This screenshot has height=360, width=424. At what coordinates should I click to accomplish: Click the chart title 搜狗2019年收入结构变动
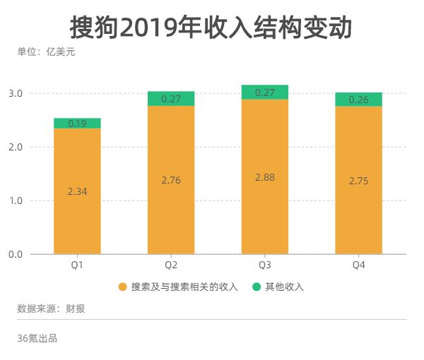click(x=211, y=28)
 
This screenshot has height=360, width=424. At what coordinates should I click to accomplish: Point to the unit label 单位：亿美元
click(x=46, y=52)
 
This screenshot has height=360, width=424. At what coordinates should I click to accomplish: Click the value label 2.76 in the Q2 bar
click(x=171, y=181)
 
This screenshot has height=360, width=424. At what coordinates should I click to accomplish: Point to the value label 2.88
click(x=264, y=176)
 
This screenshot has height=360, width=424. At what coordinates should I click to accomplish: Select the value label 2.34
click(x=77, y=191)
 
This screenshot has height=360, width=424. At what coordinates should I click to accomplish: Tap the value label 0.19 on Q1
click(x=77, y=124)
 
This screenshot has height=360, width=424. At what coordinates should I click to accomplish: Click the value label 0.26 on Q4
click(x=358, y=100)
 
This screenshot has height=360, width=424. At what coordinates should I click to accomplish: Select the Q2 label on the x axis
click(x=171, y=265)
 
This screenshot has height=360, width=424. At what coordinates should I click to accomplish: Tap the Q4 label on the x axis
click(x=358, y=265)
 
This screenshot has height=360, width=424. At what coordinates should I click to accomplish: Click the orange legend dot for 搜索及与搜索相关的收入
click(x=122, y=287)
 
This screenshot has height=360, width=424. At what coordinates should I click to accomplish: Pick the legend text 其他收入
click(x=284, y=287)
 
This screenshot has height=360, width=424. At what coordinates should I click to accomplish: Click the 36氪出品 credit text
click(x=37, y=338)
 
